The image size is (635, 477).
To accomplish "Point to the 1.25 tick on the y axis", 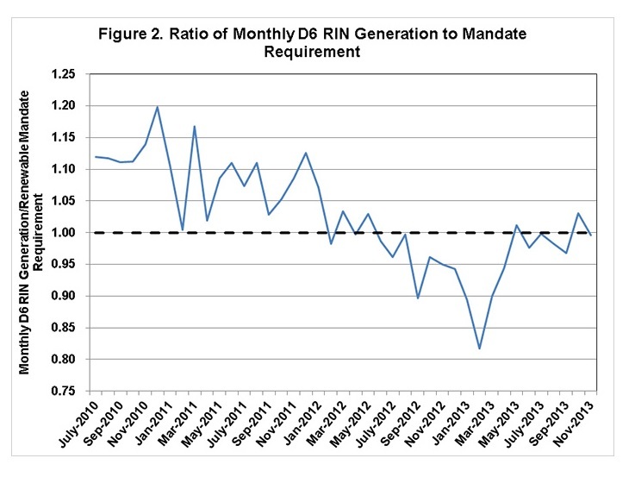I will pyautogui.click(x=72, y=75).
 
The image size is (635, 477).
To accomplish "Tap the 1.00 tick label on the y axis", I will pyautogui.click(x=72, y=233).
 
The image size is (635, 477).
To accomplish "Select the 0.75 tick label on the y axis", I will pyautogui.click(x=72, y=391).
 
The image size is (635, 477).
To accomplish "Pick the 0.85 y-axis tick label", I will pyautogui.click(x=72, y=328).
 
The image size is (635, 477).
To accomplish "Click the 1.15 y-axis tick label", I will pyautogui.click(x=72, y=138).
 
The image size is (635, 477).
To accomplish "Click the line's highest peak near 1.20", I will pyautogui.click(x=158, y=107).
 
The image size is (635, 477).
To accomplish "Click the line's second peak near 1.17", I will pyautogui.click(x=195, y=127).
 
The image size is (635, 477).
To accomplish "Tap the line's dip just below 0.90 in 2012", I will pyautogui.click(x=418, y=298).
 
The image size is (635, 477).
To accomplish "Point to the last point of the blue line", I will pyautogui.click(x=591, y=235).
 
